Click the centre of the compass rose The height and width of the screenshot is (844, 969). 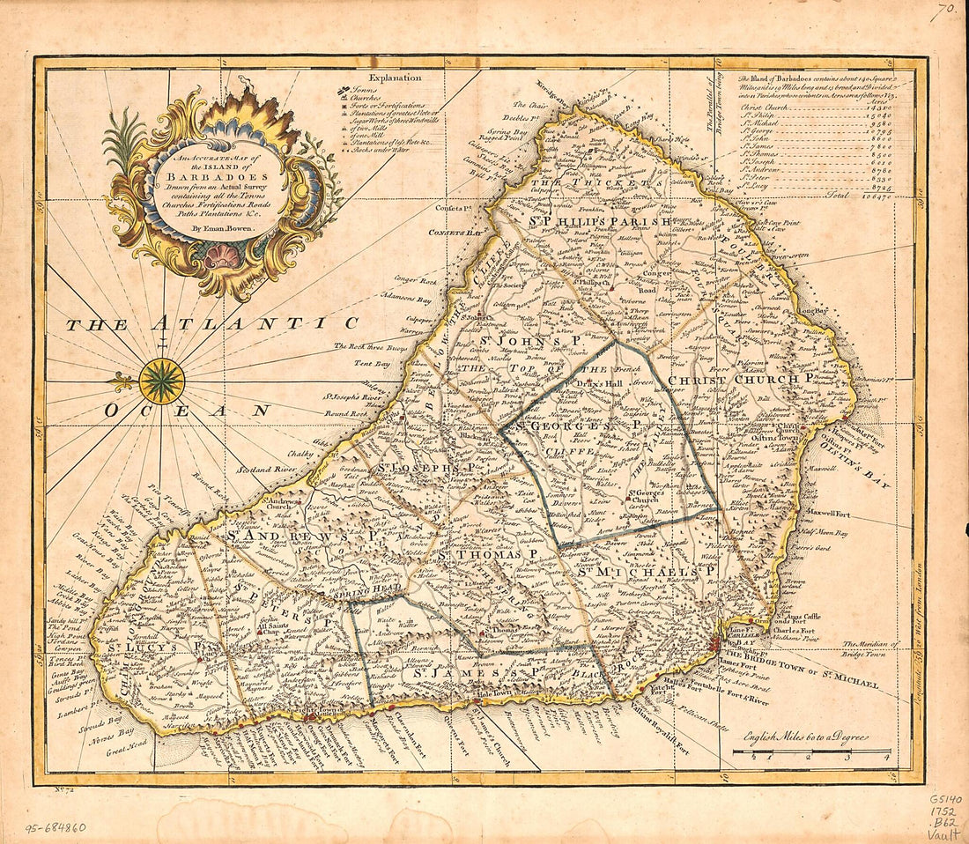click(161, 381)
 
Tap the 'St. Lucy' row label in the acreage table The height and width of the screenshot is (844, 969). click(758, 185)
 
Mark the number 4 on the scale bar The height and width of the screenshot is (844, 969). click(887, 757)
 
